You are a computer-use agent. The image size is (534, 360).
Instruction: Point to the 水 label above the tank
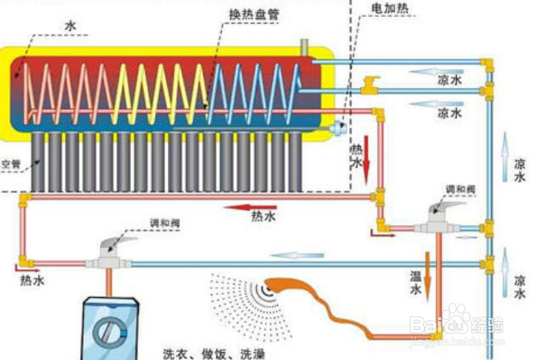click(x=72, y=26)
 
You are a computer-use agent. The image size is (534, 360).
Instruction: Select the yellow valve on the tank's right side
click(x=370, y=83)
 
